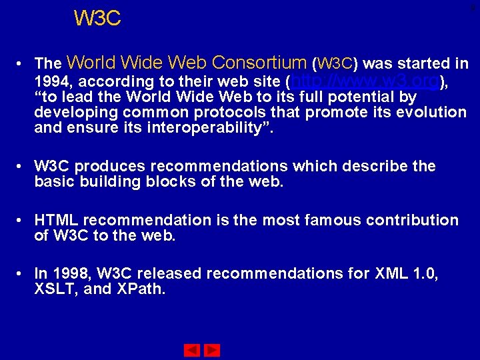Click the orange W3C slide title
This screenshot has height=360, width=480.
tap(97, 19)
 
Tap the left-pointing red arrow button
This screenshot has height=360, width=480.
tap(192, 350)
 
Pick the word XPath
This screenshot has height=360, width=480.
tap(142, 289)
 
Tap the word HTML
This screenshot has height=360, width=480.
tap(57, 220)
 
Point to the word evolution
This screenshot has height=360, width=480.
tap(431, 112)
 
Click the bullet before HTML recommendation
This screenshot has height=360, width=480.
tap(22, 221)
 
